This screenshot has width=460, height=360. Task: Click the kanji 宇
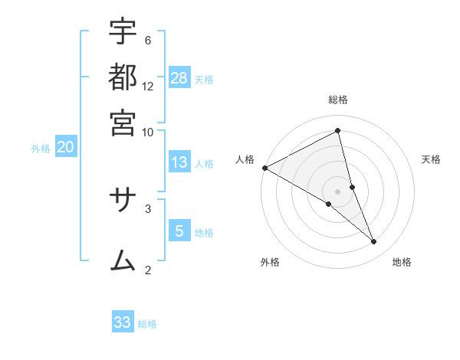tap(123, 31)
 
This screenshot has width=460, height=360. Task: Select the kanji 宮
tap(123, 123)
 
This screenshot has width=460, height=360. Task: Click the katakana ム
tap(123, 260)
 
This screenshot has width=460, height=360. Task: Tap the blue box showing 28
tap(179, 77)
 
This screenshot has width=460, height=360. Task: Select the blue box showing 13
tap(179, 162)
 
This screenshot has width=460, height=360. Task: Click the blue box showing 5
tap(179, 231)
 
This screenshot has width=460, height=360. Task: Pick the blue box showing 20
tap(65, 147)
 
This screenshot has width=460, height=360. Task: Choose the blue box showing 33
tap(123, 322)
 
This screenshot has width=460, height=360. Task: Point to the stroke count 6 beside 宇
tap(148, 40)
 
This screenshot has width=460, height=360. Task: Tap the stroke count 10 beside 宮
tap(148, 131)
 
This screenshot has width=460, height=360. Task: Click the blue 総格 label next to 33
tap(147, 324)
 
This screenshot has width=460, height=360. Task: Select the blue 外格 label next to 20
tap(41, 149)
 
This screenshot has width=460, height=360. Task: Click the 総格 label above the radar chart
tap(338, 100)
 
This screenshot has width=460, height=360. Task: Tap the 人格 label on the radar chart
tap(245, 159)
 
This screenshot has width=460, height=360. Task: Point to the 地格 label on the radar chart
tap(402, 262)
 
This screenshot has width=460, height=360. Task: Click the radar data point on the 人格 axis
tap(264, 168)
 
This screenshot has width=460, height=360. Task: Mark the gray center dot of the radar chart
tap(338, 191)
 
